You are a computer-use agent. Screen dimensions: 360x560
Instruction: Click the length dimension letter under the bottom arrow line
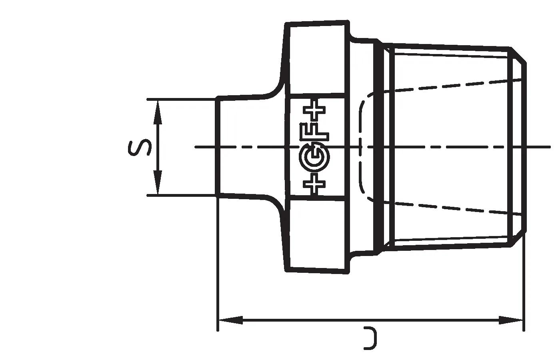(370, 338)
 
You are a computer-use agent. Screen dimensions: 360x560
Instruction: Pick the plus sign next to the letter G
(315, 184)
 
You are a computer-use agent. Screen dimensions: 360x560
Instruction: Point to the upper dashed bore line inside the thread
(452, 85)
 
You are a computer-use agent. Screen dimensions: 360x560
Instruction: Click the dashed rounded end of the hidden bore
(362, 147)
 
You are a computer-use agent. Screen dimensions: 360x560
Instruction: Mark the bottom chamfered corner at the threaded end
(519, 238)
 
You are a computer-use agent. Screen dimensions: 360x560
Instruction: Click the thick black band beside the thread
(376, 147)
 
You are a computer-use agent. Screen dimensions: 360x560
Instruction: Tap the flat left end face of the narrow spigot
(217, 147)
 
